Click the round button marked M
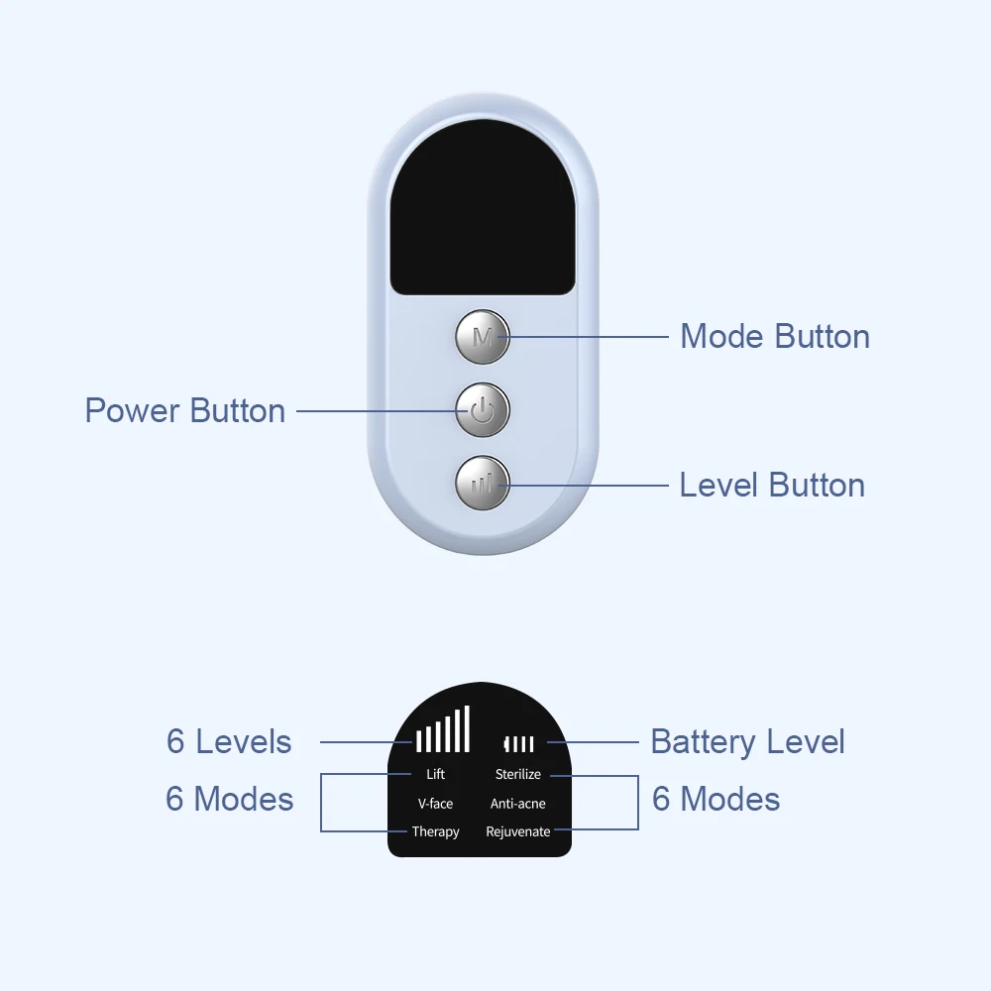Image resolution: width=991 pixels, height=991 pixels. tap(483, 336)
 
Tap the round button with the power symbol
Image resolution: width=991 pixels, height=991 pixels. tap(483, 410)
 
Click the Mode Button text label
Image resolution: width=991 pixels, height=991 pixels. tap(775, 336)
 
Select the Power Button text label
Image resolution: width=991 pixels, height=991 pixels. tap(185, 410)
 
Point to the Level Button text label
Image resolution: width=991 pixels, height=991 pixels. tap(772, 485)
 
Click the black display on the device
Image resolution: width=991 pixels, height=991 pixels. tap(483, 213)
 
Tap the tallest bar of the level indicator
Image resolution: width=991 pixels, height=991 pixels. tap(467, 728)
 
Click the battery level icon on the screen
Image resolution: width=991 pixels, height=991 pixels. tap(518, 743)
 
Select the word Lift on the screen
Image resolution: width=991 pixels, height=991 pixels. tap(435, 774)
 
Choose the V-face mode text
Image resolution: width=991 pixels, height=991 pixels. tap(435, 803)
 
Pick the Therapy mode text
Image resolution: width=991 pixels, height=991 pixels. tap(435, 831)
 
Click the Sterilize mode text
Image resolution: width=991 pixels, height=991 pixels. tap(518, 774)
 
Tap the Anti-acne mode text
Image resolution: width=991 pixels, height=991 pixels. tap(518, 803)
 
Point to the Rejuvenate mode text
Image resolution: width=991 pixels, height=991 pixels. tap(518, 831)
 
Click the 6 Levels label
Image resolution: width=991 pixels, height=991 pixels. tap(229, 741)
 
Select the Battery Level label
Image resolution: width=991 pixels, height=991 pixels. tap(747, 741)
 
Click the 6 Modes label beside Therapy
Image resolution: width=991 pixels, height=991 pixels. tap(229, 799)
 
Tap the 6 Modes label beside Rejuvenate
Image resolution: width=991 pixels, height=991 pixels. tap(716, 799)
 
